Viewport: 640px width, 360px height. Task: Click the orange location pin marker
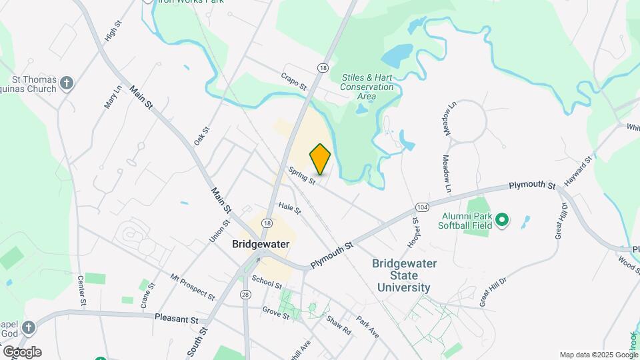[321, 159]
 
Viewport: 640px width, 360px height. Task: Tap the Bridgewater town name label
[261, 244]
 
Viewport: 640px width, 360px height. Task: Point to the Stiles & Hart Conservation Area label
[367, 87]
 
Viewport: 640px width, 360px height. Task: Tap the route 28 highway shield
[247, 295]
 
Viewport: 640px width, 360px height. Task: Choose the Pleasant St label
[177, 319]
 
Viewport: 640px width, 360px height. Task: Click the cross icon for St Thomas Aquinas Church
[66, 83]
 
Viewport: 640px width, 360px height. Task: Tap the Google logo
[22, 351]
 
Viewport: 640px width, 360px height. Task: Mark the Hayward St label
[578, 171]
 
